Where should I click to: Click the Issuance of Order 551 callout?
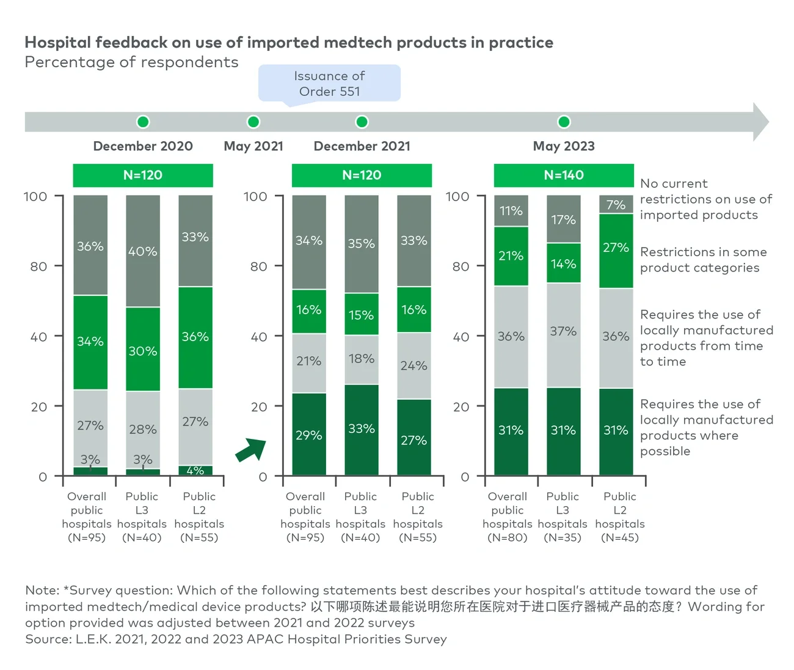[329, 84]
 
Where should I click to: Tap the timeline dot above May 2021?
[253, 122]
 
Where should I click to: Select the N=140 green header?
[564, 175]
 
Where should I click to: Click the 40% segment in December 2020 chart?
[143, 251]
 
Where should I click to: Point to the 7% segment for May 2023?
[616, 205]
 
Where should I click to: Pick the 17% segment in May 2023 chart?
[563, 219]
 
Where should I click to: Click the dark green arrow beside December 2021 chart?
[251, 451]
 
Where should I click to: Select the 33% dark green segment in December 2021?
[362, 429]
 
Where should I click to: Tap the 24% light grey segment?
[414, 366]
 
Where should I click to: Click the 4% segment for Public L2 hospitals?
[195, 471]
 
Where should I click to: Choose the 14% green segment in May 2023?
[563, 263]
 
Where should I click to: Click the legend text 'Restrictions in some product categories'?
[703, 260]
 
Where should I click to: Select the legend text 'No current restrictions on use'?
[705, 199]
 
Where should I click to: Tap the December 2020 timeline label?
[143, 146]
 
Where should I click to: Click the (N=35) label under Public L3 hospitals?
[563, 538]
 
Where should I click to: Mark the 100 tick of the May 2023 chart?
[457, 197]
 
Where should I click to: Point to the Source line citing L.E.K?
[236, 639]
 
